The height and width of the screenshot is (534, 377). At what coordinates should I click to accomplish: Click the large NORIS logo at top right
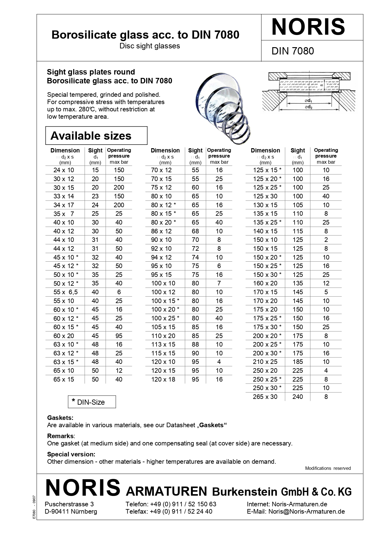coord(308,27)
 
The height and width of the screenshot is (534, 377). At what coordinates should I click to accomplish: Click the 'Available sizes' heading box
coord(96,136)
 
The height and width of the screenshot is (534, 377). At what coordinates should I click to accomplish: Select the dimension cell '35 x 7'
coord(64,214)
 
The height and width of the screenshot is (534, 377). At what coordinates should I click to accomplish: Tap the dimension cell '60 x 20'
coord(64,336)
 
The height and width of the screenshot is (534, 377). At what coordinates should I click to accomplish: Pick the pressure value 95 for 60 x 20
coord(119,336)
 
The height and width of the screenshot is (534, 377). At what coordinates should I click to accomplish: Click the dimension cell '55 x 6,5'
coord(65,292)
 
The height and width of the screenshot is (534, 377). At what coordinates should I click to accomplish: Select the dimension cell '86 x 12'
coord(161,231)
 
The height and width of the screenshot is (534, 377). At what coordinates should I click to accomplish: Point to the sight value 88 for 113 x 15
coord(195,344)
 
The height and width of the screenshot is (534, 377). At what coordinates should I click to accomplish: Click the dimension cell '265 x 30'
coord(265,397)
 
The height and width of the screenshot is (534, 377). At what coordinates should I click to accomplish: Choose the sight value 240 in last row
coord(298,397)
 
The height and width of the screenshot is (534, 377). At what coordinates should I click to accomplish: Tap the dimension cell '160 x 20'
coord(265,283)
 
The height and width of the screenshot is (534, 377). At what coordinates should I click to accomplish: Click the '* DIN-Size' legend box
coord(92,402)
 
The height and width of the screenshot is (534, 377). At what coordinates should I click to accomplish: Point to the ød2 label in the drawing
coord(309,107)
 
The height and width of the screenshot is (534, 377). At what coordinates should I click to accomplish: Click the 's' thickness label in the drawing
coord(322,86)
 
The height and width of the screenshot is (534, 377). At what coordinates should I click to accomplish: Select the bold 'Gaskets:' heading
coord(60,418)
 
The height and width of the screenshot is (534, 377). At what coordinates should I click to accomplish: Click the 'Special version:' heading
coord(71,454)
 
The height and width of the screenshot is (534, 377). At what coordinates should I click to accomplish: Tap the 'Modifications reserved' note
coord(328,468)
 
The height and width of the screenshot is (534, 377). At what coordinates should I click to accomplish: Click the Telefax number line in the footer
coord(169,511)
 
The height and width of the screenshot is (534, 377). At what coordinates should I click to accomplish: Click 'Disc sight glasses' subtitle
coord(150,46)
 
